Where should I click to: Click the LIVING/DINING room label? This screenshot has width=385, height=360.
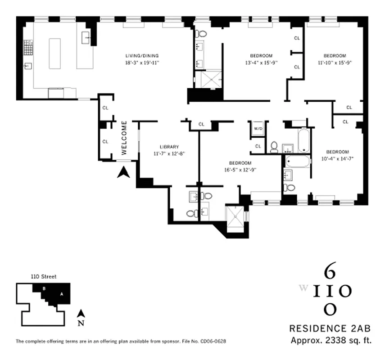point(142,56)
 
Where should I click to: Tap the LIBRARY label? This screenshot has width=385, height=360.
point(169,147)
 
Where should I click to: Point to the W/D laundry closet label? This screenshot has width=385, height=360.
point(258,129)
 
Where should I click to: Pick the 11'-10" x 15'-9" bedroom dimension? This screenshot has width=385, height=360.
point(334,63)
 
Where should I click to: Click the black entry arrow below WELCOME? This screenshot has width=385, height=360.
point(123,172)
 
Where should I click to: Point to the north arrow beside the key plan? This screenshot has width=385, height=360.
point(80,314)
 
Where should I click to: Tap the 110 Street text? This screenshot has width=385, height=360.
point(43,277)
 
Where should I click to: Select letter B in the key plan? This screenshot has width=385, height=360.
point(44,288)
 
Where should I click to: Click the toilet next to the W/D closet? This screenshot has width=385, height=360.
point(274,147)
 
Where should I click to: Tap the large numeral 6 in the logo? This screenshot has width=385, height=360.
point(329,273)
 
